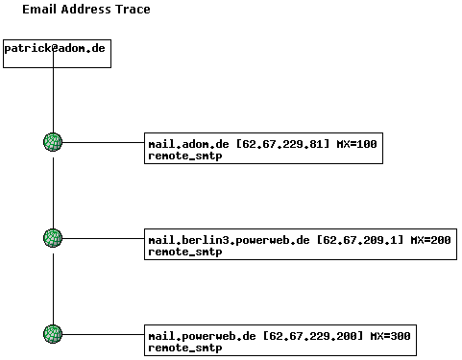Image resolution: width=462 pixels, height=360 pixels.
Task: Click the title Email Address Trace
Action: tap(85, 10)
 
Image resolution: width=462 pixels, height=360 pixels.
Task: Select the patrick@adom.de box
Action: tap(57, 53)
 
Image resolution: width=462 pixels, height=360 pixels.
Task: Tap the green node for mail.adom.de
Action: tap(53, 142)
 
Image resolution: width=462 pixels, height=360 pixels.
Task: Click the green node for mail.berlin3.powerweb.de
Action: tap(53, 238)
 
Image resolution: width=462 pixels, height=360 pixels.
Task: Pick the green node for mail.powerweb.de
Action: tap(53, 334)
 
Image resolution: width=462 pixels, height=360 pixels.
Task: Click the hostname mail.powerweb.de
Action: tap(202, 336)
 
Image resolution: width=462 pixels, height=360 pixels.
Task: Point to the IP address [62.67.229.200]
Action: tap(312, 336)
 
